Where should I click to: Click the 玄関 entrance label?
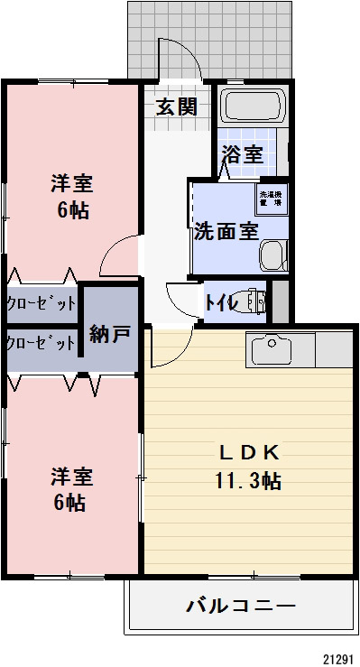tap(176, 107)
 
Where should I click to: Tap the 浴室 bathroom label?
tap(244, 153)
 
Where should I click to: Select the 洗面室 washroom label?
tap(226, 230)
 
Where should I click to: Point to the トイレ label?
tap(221, 302)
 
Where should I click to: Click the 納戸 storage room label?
tap(110, 334)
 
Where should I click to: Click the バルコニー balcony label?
tap(240, 604)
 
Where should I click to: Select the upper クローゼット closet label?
tap(41, 303)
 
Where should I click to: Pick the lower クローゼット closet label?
tap(41, 343)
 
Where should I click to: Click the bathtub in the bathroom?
tap(254, 107)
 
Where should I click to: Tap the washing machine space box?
tap(270, 198)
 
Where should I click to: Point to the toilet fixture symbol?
tap(254, 301)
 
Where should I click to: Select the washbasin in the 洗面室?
tap(272, 256)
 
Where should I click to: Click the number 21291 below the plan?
tap(340, 659)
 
